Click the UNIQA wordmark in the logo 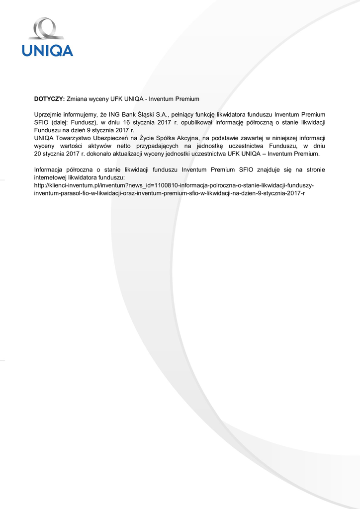pos(47,50)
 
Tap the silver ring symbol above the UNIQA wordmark pos(46,28)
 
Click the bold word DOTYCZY pos(49,99)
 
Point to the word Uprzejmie pos(48,114)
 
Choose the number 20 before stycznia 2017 pos(38,154)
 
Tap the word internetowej pos(52,177)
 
